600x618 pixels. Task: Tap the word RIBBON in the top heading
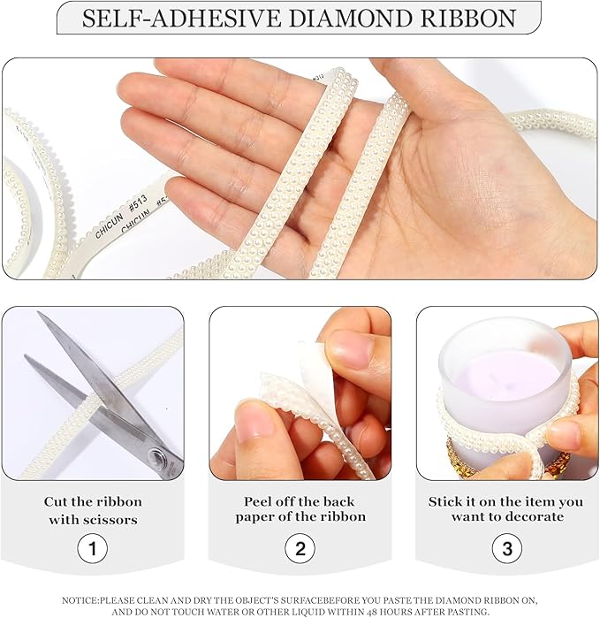468,19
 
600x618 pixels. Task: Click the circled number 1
92,548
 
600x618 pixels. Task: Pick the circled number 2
300,548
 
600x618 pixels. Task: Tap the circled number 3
507,548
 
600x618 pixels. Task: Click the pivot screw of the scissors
159,456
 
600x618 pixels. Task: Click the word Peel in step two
256,501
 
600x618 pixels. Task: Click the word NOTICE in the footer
80,600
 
